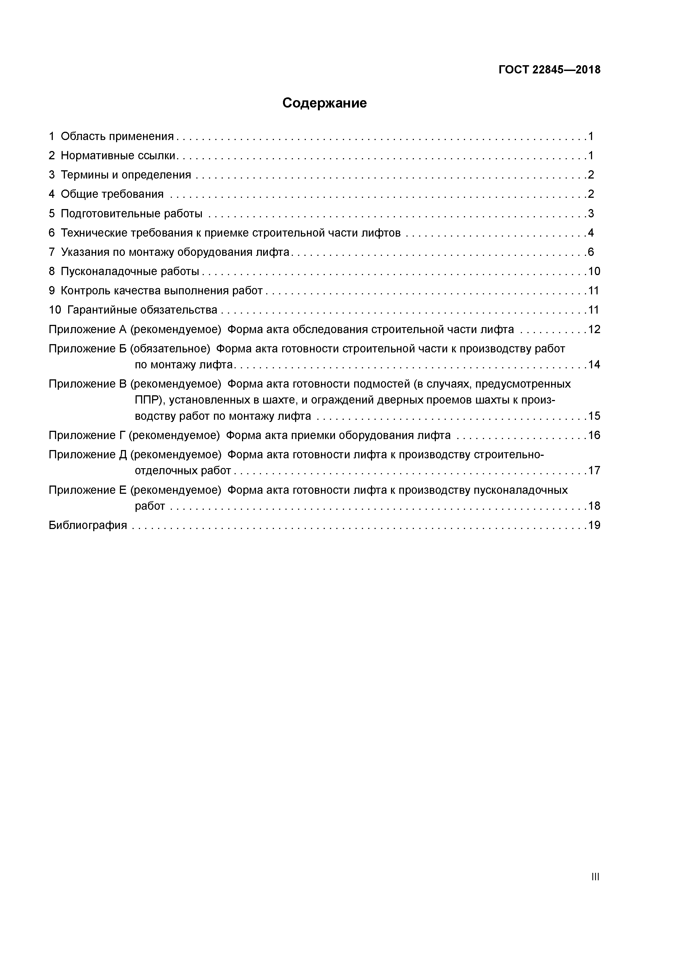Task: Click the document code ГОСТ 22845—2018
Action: tap(549, 70)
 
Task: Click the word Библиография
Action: tap(88, 525)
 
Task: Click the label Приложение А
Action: tap(87, 330)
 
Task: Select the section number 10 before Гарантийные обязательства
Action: tap(55, 310)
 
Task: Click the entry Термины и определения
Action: tap(126, 175)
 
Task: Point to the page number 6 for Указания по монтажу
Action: tap(591, 252)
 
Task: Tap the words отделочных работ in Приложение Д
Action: tap(183, 471)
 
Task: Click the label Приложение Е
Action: tap(87, 490)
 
